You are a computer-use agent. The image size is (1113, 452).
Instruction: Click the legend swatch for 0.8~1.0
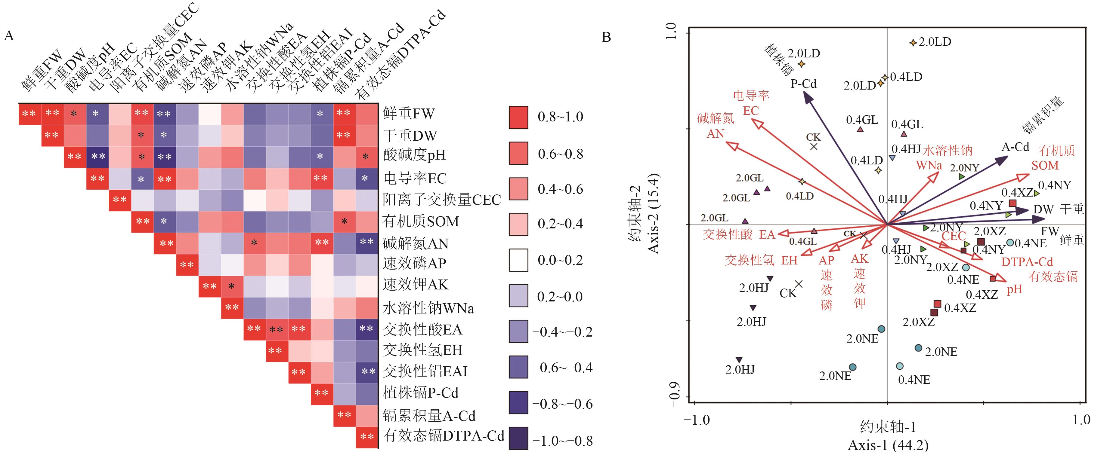coord(518,118)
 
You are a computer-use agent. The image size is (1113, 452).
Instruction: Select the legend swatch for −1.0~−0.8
coord(518,438)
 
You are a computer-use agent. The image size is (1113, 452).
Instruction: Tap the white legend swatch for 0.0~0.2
coord(518,260)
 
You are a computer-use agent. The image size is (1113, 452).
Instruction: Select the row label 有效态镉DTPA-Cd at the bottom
coord(443,436)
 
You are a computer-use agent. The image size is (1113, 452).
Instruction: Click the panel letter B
coord(606,38)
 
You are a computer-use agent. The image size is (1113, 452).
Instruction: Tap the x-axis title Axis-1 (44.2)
coord(888,445)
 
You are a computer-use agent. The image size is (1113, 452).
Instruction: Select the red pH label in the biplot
coord(1015,289)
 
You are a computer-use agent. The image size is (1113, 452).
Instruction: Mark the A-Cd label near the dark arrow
coord(1015,147)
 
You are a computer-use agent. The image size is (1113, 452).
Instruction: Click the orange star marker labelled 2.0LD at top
coord(913,43)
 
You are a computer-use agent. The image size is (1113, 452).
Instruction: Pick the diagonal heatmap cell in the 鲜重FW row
coord(30,114)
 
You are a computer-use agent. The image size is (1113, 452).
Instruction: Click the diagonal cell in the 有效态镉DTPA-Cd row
coord(367,437)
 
